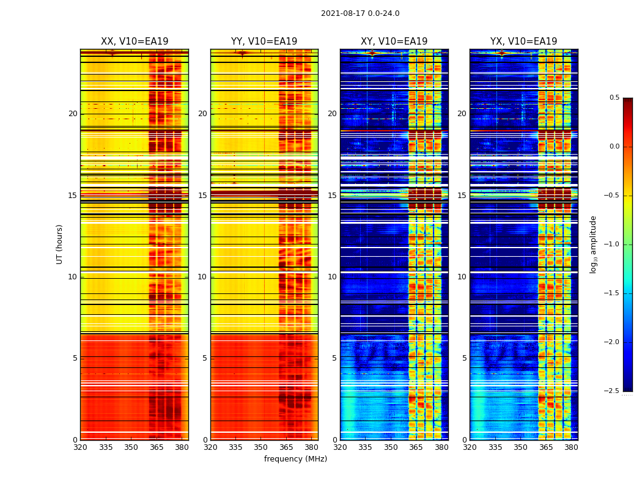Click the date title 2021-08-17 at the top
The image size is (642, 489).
point(360,13)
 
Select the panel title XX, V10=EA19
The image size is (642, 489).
point(135,42)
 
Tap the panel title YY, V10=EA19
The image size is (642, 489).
point(264,42)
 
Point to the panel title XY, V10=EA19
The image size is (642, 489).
point(394,42)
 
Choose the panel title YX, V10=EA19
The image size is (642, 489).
point(523,42)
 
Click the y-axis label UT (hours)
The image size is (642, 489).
point(60,244)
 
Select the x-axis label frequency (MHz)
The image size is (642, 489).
point(295,459)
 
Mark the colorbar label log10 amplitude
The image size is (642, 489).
point(593,244)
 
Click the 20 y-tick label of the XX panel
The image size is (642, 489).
point(73,114)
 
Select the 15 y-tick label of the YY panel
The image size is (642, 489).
point(202,196)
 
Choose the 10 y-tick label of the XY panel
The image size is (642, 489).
point(332,277)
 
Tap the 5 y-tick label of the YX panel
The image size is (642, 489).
point(464,358)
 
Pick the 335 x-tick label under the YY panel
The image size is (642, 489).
point(235,448)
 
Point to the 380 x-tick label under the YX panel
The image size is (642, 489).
point(571,448)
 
